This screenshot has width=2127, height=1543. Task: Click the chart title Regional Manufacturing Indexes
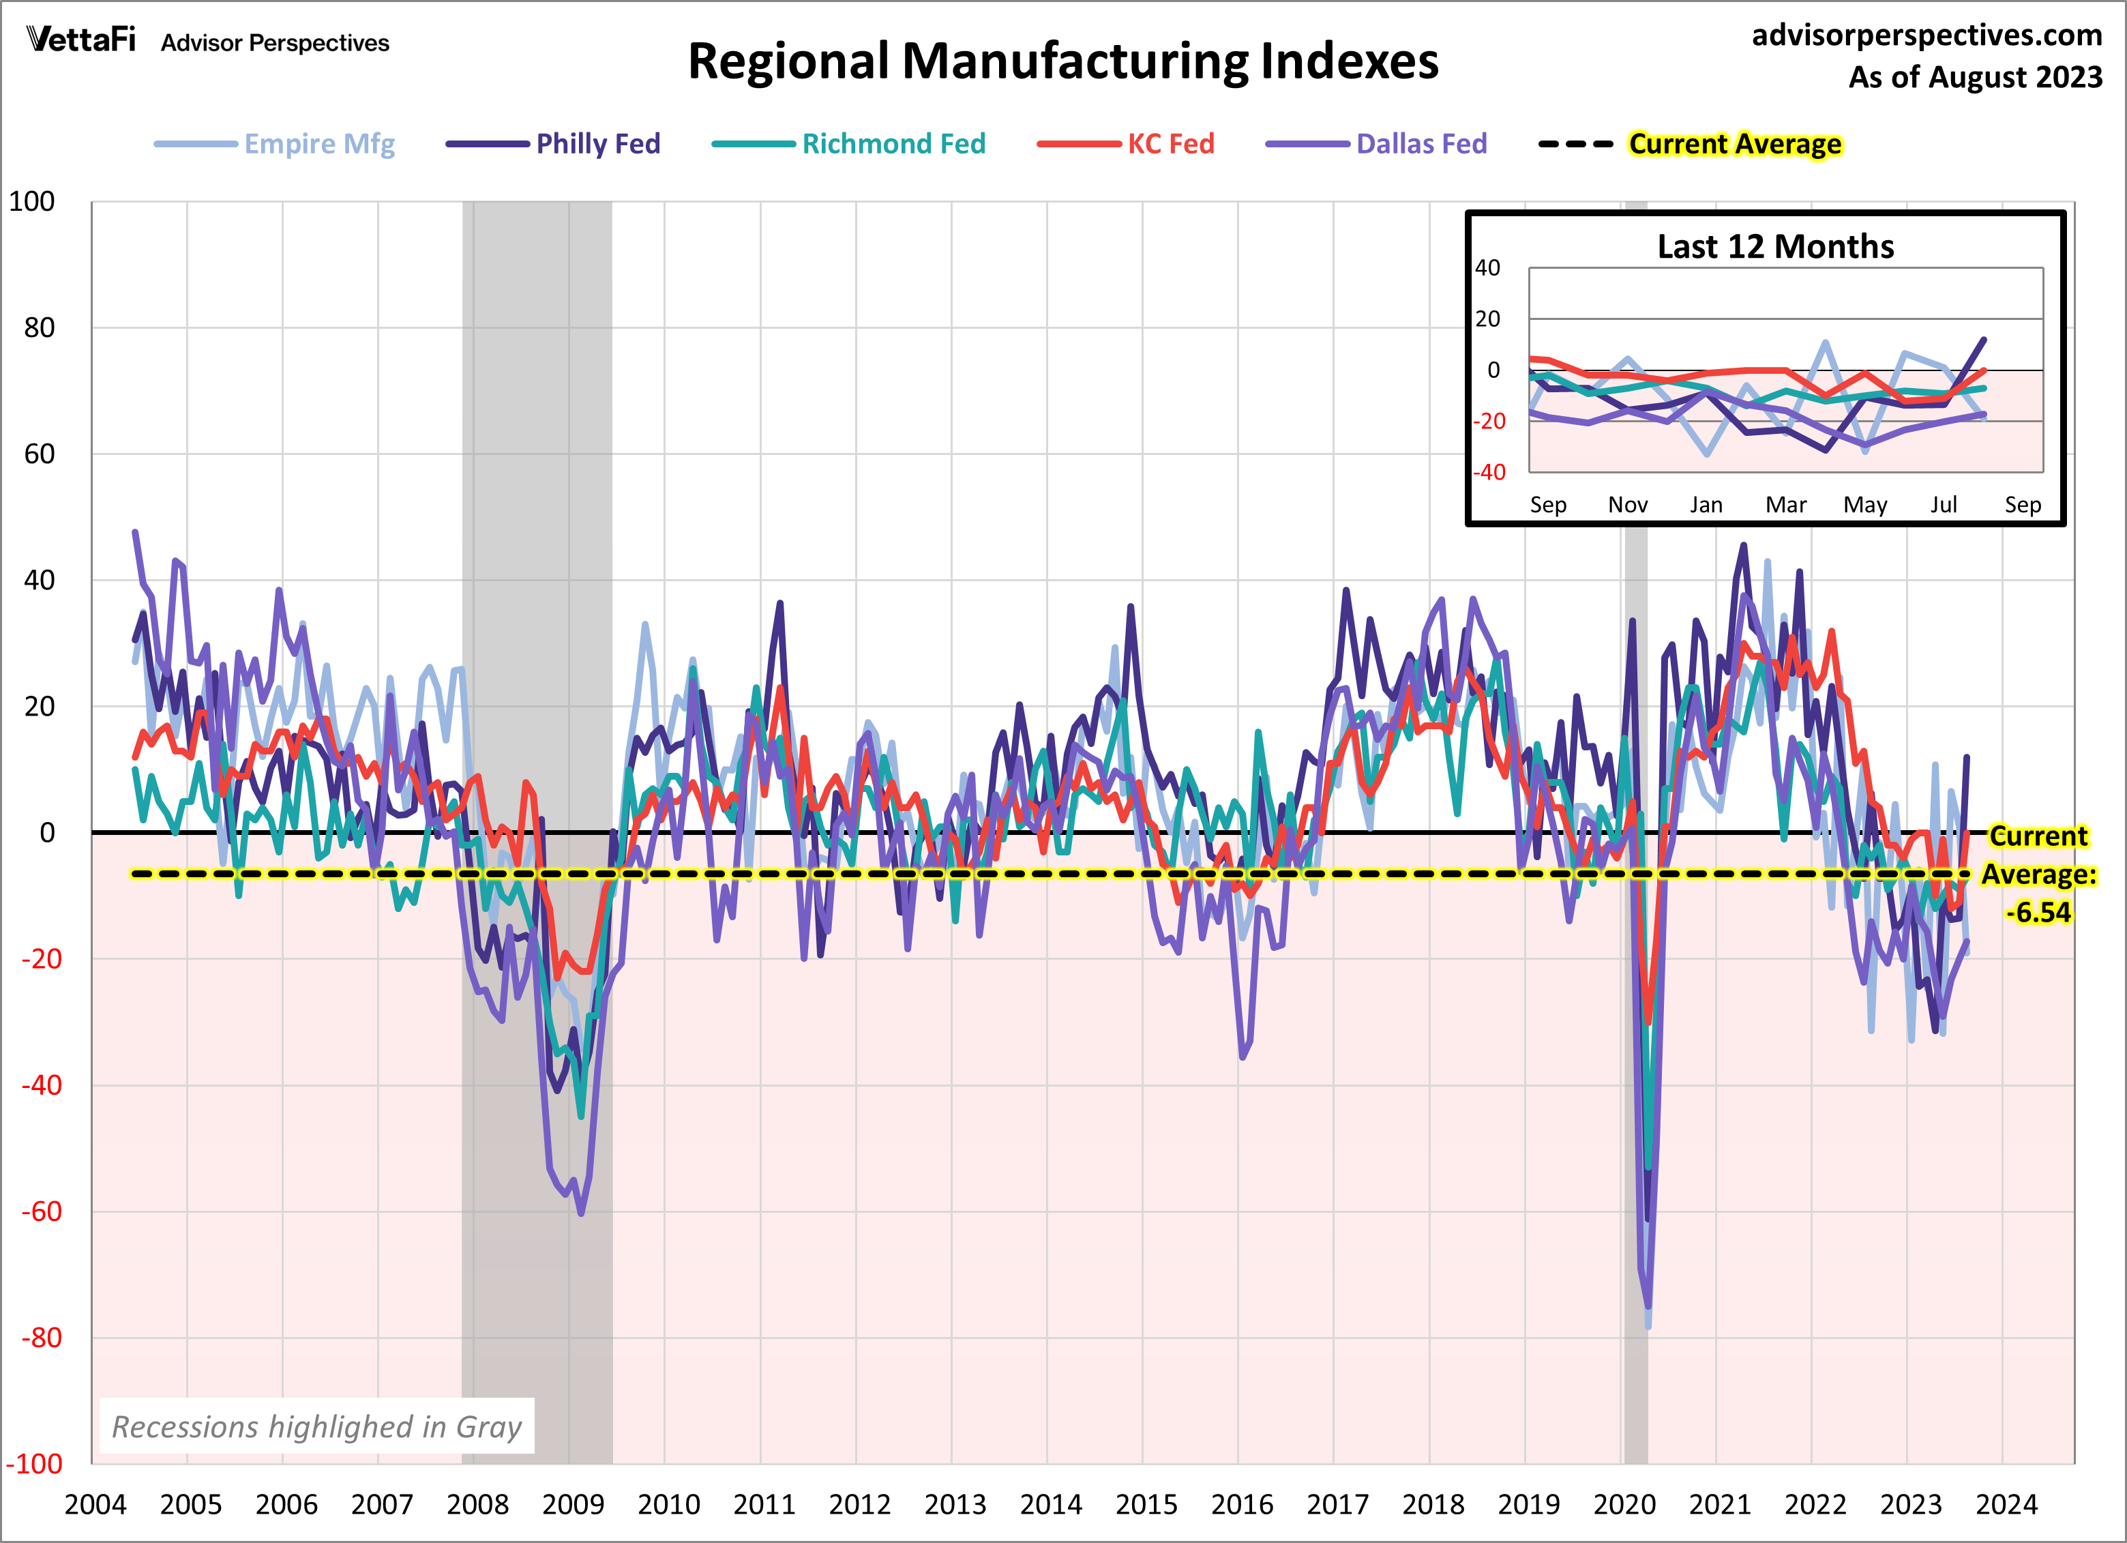1062,62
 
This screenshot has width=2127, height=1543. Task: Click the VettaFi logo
82,40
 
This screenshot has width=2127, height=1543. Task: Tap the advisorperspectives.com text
1927,35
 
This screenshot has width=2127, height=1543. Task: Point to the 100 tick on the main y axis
32,202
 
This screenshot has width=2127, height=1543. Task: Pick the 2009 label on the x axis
573,1505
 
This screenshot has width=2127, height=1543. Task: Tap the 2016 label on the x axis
1242,1505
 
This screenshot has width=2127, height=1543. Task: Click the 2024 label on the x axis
2006,1505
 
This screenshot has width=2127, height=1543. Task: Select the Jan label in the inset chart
1706,505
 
